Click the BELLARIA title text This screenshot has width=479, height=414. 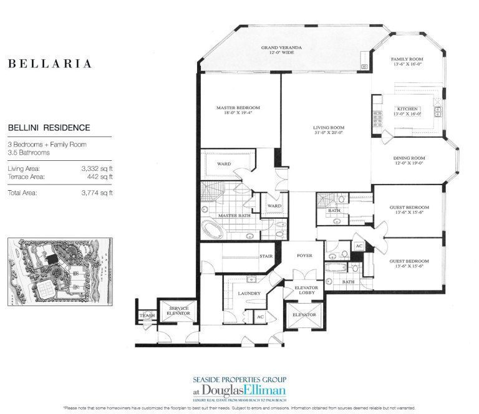50,64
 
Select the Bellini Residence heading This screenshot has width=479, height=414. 49,128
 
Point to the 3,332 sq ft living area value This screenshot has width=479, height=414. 92,169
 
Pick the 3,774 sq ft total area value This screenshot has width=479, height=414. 92,193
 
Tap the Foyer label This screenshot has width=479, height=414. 304,254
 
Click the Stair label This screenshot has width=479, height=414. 266,256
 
